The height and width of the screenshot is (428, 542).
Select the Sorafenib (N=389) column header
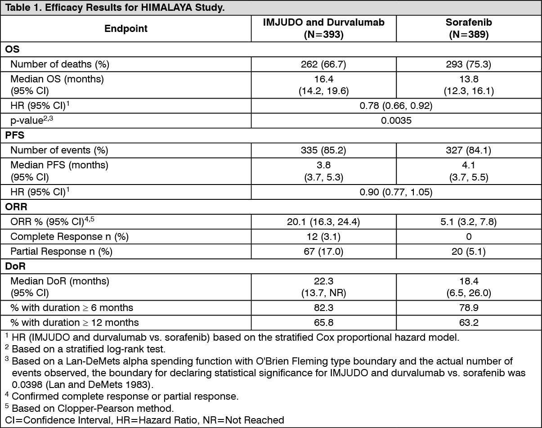[469, 28]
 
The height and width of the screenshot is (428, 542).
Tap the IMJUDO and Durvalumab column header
[323, 28]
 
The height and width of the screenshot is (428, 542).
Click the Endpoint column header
[126, 28]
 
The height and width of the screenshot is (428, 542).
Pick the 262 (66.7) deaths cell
[323, 64]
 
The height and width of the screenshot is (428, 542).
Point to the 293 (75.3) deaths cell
[469, 64]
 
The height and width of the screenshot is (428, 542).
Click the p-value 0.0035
[396, 121]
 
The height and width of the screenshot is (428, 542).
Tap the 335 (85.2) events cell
[323, 150]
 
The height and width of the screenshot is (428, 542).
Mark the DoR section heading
[15, 266]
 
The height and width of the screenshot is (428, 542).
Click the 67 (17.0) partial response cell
[323, 251]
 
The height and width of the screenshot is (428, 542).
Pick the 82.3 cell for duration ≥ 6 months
[323, 308]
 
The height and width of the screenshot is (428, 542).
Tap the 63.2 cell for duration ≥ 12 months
[469, 322]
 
